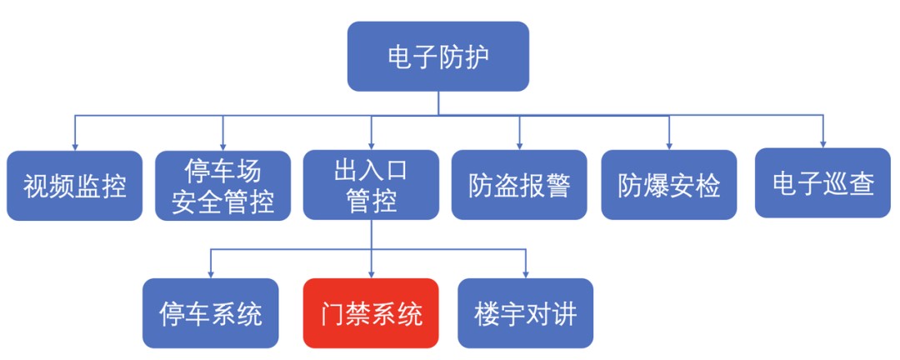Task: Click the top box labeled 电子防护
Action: (438, 57)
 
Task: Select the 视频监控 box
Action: (75, 186)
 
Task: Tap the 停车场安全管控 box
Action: (223, 186)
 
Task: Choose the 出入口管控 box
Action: (372, 185)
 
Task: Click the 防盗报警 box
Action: (519, 185)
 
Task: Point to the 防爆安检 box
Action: (669, 185)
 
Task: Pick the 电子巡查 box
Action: (822, 183)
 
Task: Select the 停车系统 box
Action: (211, 313)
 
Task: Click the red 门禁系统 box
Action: (372, 313)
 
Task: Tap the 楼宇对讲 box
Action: (525, 313)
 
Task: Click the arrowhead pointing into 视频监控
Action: (75, 147)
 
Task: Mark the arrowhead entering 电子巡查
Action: (822, 144)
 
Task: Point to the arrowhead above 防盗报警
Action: (519, 147)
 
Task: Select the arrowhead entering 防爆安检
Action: (669, 147)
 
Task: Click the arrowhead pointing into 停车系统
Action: (211, 274)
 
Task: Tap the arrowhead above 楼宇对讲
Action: (525, 274)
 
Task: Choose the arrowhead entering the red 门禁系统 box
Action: (372, 274)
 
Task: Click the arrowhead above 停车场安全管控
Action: (223, 147)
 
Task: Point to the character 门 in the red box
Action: (332, 313)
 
